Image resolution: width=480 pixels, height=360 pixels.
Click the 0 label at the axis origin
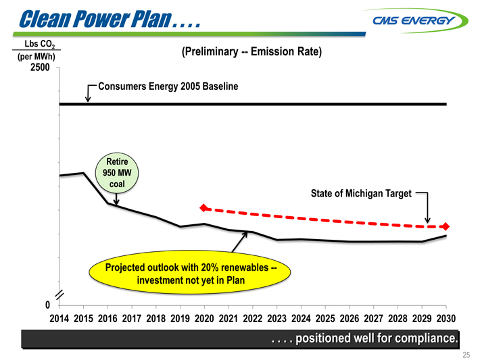48,305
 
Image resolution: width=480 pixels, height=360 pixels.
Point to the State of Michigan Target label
361,194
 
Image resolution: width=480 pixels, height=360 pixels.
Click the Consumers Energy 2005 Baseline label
168,86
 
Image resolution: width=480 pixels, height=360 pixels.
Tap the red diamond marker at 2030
446,226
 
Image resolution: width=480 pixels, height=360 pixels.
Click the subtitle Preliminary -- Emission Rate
250,53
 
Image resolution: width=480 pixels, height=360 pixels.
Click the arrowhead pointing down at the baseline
89,99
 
